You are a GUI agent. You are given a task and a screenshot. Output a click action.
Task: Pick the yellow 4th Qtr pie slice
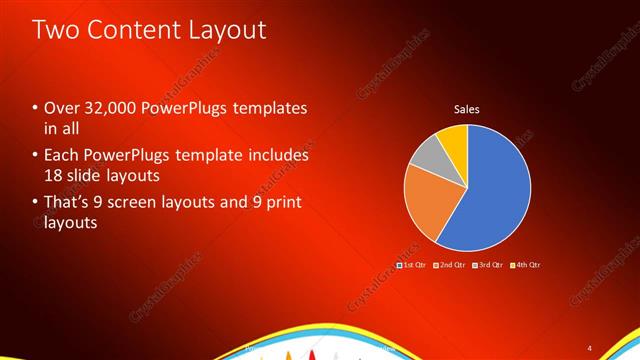pos(453,137)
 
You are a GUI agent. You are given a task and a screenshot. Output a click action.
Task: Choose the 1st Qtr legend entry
pos(412,265)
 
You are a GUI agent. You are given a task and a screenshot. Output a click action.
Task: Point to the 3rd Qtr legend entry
pos(489,265)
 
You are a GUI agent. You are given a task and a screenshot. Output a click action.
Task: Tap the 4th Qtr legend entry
pos(526,265)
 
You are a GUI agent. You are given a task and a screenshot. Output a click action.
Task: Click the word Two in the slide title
pos(57,30)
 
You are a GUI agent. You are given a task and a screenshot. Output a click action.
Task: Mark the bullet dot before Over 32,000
pos(36,108)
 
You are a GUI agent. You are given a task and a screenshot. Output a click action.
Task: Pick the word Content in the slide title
pos(133,30)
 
